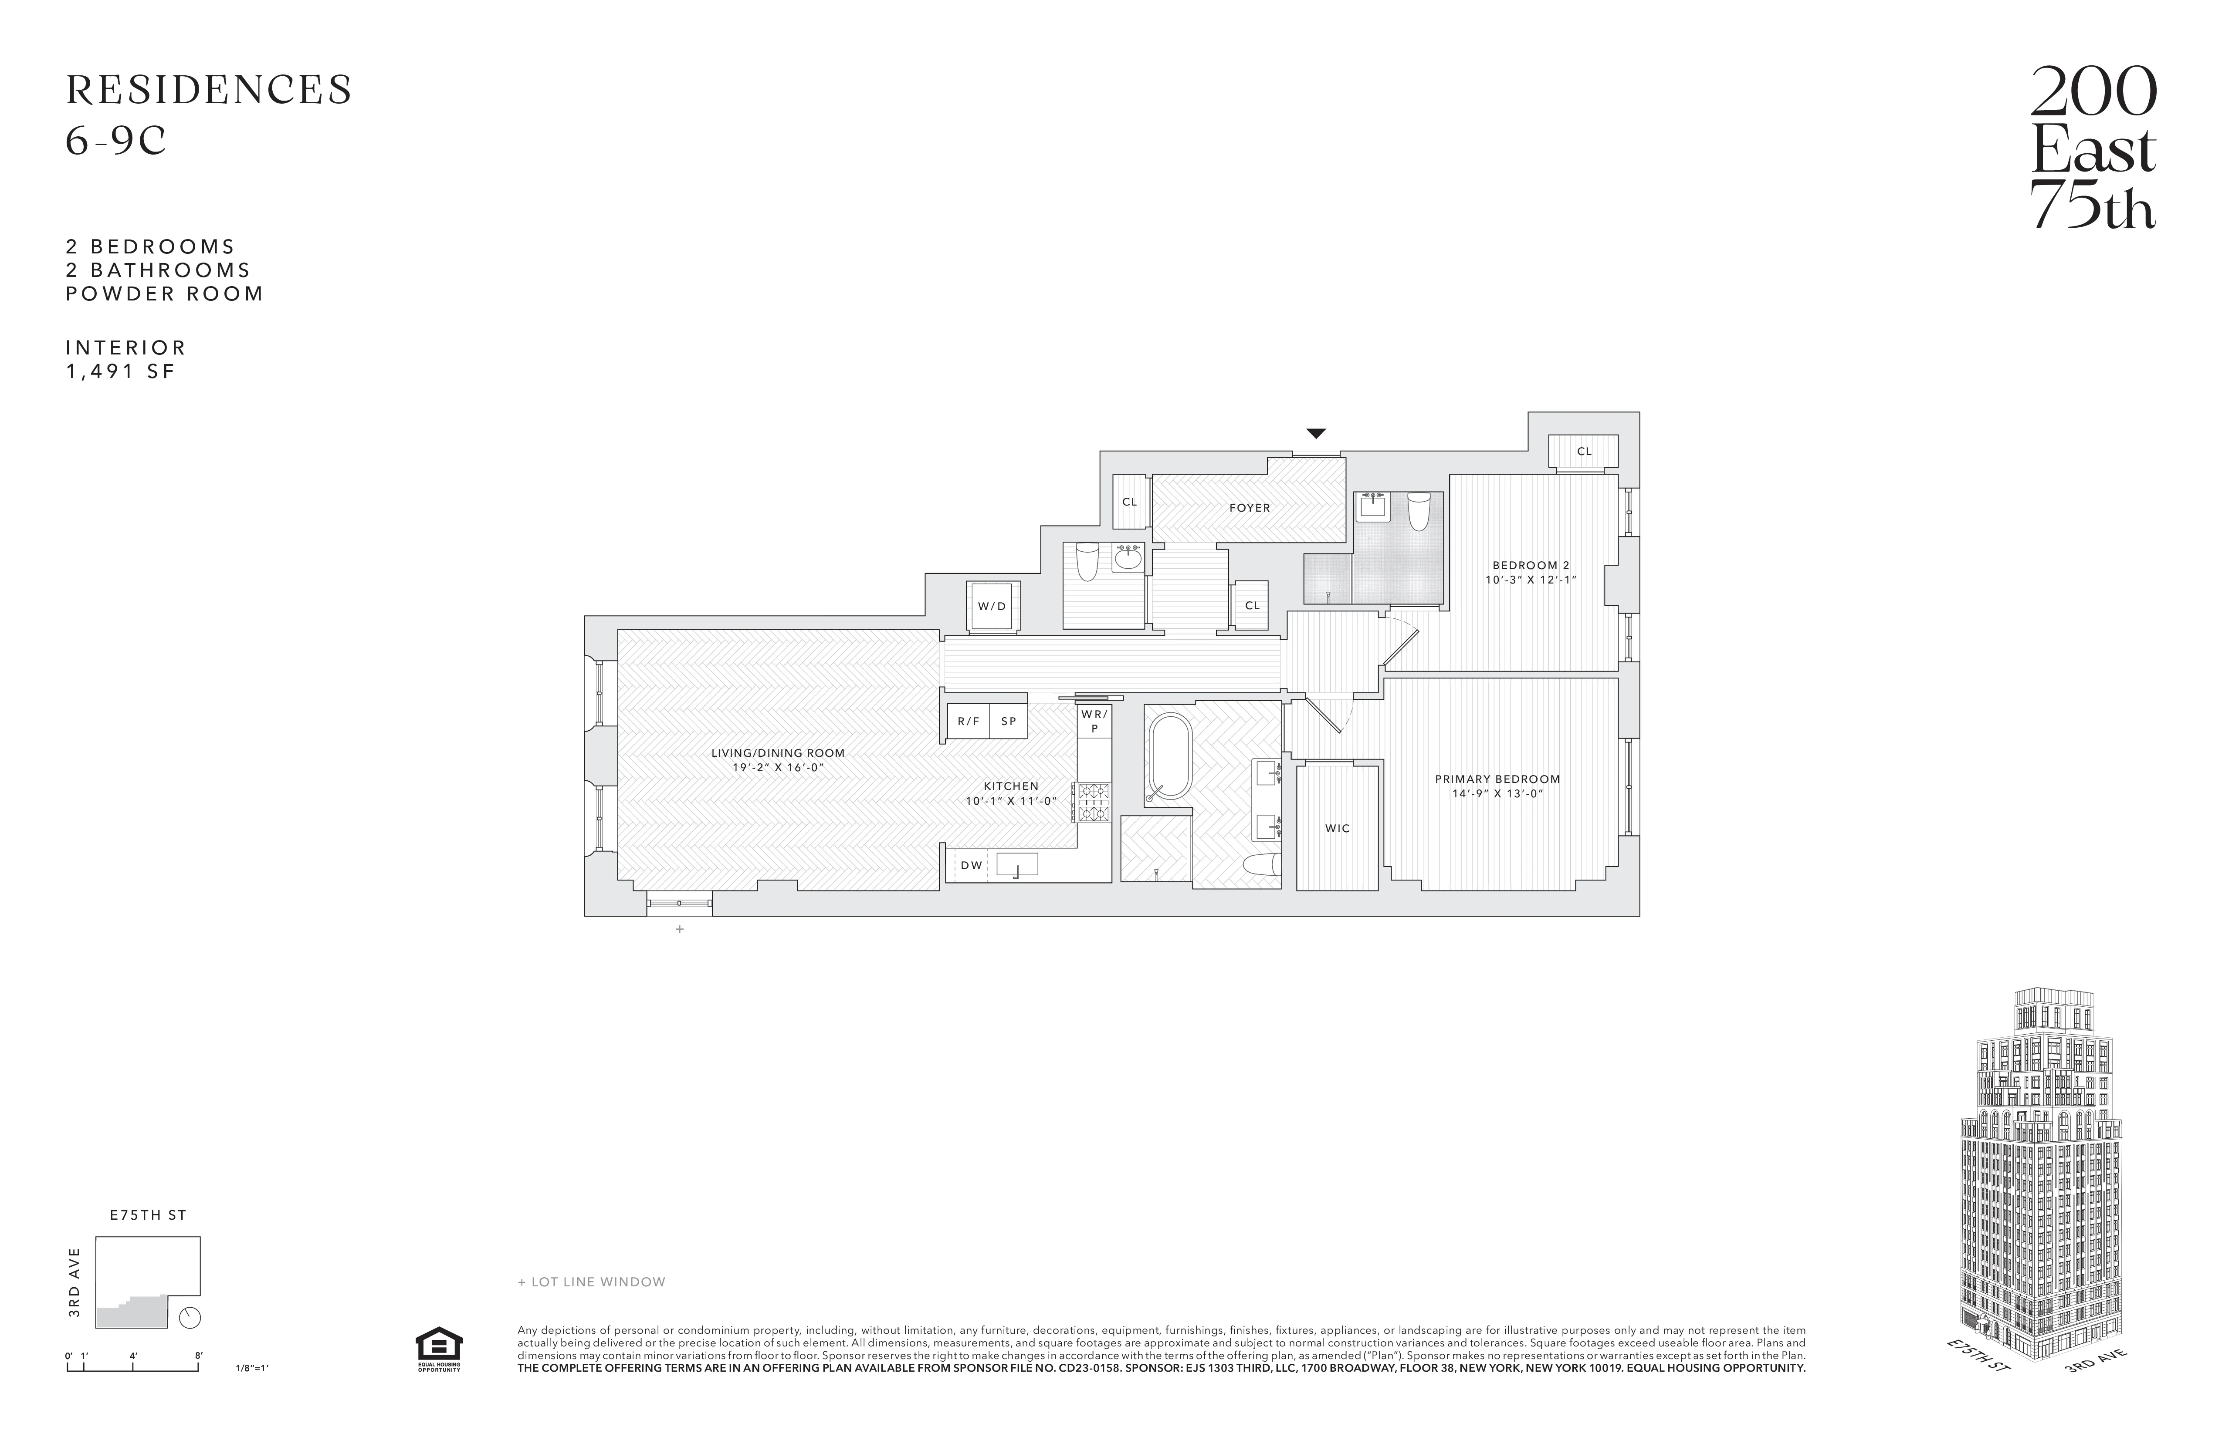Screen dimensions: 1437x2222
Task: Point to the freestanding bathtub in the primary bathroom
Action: [x=1167, y=758]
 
